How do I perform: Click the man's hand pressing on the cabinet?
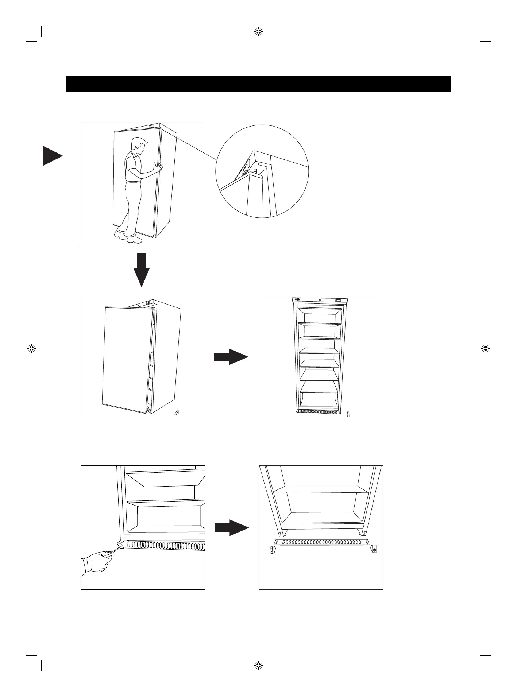click(x=158, y=168)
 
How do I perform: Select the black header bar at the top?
click(x=258, y=84)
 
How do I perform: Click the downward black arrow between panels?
click(x=141, y=270)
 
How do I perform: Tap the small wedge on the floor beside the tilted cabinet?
click(x=177, y=413)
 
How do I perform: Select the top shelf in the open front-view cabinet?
click(x=320, y=324)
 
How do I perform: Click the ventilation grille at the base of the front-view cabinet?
click(x=320, y=411)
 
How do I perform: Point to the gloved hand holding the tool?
click(x=96, y=566)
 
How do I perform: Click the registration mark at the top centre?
click(x=258, y=32)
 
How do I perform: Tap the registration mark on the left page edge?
click(x=31, y=348)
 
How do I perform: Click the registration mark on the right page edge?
click(x=485, y=348)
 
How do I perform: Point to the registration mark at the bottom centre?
click(x=258, y=665)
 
